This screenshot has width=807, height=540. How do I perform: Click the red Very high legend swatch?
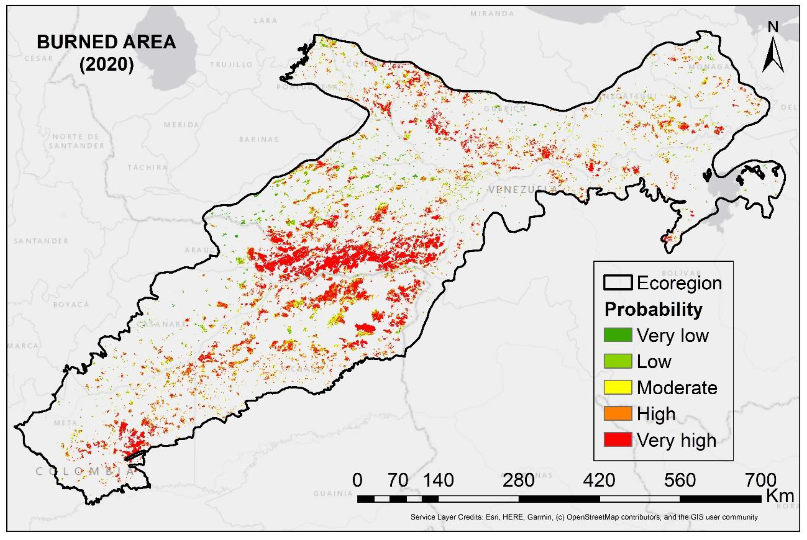[618, 440]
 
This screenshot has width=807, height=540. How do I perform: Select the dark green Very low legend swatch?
[618, 335]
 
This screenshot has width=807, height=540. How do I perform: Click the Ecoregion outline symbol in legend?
[618, 283]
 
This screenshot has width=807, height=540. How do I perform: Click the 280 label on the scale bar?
[518, 480]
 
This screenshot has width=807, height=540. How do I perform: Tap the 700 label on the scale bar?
[761, 480]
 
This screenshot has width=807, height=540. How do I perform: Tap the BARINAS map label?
[259, 139]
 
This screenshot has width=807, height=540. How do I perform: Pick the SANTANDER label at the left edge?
[41, 241]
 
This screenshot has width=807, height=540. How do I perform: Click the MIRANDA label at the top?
[492, 14]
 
